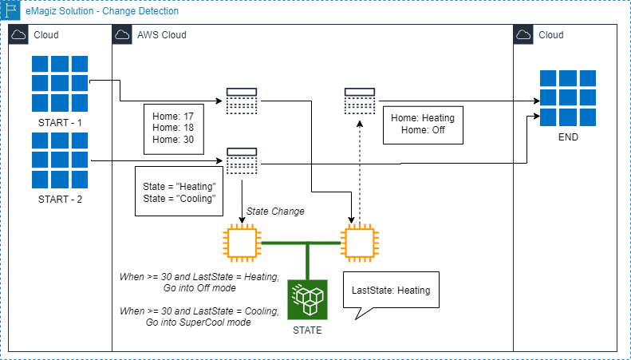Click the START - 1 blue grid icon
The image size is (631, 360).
pos(59,84)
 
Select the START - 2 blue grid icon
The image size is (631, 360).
pos(59,160)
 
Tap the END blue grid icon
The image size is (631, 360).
pos(568,98)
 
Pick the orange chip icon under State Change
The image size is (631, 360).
pos(241,243)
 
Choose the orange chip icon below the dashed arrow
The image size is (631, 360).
pos(358,243)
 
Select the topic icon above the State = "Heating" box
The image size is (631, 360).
pos(241,160)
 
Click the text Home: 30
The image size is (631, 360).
pos(172,139)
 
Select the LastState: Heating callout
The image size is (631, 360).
pos(391,291)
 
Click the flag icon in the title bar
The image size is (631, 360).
pos(11,11)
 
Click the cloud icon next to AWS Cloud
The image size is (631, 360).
pos(123,35)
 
